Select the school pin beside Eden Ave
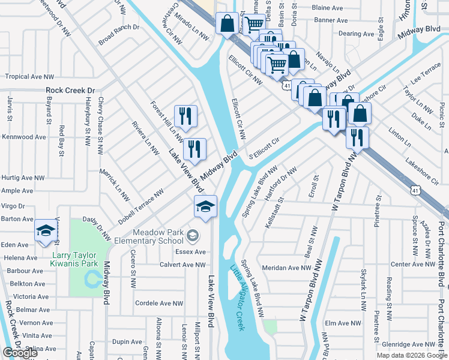(x=46, y=232)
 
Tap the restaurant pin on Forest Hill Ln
(x=185, y=116)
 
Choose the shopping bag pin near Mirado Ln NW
(x=227, y=25)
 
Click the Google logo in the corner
(x=20, y=353)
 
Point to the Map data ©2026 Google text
(x=412, y=355)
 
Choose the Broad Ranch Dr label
(x=119, y=35)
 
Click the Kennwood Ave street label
(x=23, y=137)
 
